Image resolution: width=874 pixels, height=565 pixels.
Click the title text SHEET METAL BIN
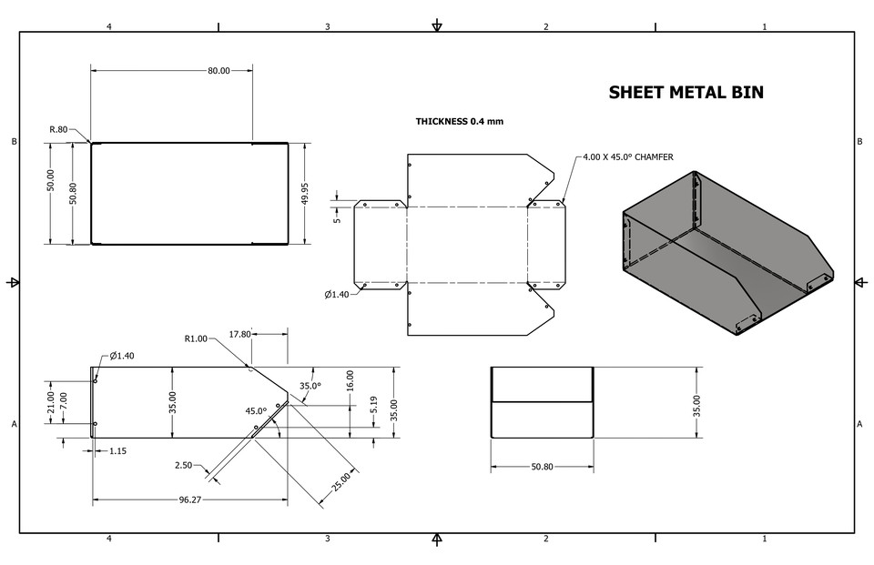[x=686, y=92]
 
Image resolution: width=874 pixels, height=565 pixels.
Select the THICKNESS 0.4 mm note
[x=460, y=121]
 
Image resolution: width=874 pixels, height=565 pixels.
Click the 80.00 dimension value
[x=218, y=70]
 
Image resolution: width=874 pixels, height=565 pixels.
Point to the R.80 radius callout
[x=58, y=129]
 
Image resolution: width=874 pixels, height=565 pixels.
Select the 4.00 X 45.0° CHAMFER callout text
[x=628, y=157]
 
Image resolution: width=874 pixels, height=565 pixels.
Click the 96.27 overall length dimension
[x=190, y=499]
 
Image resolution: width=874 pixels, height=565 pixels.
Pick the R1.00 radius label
[x=196, y=338]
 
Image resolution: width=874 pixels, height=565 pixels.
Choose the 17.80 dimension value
[x=239, y=334]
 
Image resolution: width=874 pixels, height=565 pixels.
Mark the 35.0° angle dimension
[x=310, y=386]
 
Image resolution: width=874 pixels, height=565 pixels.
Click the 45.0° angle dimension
[x=256, y=410]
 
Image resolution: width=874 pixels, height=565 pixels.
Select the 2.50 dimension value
[x=184, y=465]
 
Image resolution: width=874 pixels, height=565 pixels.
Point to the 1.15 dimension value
[x=117, y=450]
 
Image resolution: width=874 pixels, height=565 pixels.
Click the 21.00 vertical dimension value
[x=51, y=401]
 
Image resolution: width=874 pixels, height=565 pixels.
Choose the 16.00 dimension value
[x=351, y=380]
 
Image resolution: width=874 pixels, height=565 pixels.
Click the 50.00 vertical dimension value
[x=51, y=193]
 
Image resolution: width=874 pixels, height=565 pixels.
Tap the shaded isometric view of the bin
[x=719, y=250]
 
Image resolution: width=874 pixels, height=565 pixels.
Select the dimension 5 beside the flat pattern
[x=336, y=218]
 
